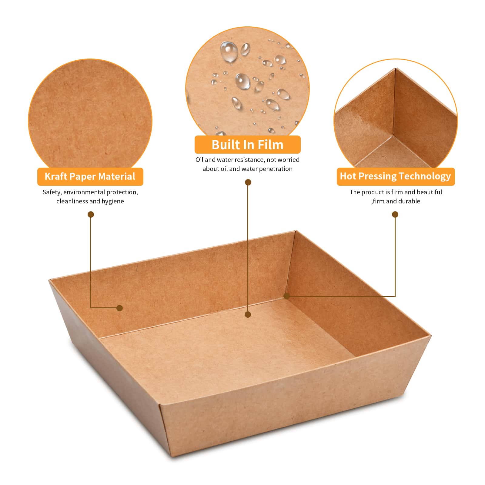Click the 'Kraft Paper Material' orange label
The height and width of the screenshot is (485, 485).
coord(90,176)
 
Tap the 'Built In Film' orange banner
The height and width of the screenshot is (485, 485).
coord(247,145)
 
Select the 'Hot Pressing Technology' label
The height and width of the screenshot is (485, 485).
coord(396,176)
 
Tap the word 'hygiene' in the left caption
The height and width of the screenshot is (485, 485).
coord(113,201)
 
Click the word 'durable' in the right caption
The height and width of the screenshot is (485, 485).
coord(409,201)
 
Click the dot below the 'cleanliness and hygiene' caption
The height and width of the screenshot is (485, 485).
coord(91,215)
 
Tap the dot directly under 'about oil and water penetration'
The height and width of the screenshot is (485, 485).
coord(248,182)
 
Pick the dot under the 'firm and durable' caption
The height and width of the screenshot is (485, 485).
coord(395,215)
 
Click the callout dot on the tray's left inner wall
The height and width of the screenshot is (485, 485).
coord(120,308)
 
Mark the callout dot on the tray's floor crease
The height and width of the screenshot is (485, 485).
coord(248,315)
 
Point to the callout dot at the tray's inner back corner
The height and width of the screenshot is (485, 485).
coord(286,296)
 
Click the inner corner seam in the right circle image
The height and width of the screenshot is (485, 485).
coord(393,135)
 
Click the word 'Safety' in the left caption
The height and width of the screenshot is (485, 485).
coord(52,192)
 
